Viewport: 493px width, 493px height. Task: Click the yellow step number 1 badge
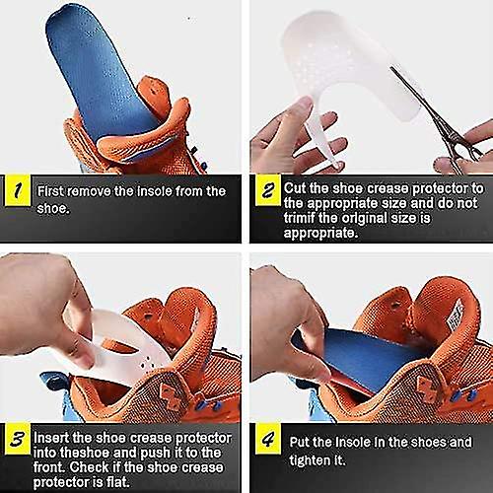tap(16, 191)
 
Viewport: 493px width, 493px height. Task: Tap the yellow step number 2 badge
tap(263, 191)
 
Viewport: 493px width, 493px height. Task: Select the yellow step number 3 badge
tap(16, 438)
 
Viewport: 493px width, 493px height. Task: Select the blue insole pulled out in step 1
tap(94, 69)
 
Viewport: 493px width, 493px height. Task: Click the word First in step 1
tap(51, 191)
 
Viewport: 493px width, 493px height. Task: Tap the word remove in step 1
tap(97, 191)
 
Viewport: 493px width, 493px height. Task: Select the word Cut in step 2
tap(294, 188)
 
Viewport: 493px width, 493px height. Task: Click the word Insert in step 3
tap(54, 436)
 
